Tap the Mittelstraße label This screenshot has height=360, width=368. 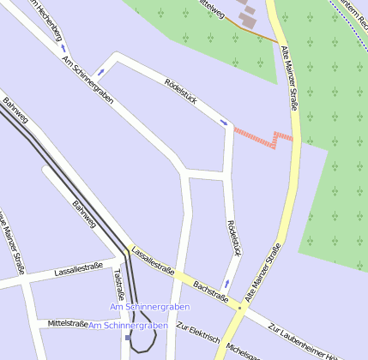pos(69,324)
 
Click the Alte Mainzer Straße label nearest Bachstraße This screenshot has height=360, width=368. pos(263,272)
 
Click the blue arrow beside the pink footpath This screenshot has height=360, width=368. pos(224,123)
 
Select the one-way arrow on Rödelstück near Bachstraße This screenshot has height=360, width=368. pos(226,284)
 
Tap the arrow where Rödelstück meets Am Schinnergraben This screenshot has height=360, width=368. pos(101,72)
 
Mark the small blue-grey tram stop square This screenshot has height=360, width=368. pos(128,337)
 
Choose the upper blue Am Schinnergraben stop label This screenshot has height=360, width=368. pos(149,306)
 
